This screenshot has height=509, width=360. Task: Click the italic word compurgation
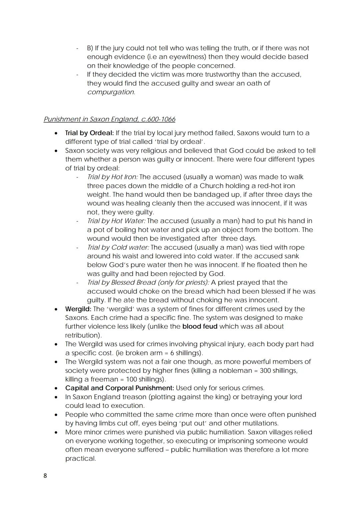pyautogui.click(x=110, y=92)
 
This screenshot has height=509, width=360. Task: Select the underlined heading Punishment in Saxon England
pyautogui.click(x=109, y=119)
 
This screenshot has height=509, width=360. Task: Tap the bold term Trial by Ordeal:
pyautogui.click(x=89, y=133)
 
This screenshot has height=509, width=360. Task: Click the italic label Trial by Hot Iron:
pyautogui.click(x=112, y=177)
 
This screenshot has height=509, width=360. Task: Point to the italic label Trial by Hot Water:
pyautogui.click(x=116, y=221)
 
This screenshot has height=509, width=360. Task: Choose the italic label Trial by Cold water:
pyautogui.click(x=118, y=247)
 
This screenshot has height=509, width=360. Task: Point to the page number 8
pyautogui.click(x=45, y=476)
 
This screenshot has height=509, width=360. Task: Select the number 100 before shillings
pyautogui.click(x=132, y=379)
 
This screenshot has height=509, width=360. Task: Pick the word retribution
pyautogui.click(x=83, y=335)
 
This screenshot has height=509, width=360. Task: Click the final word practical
pyautogui.click(x=80, y=459)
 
